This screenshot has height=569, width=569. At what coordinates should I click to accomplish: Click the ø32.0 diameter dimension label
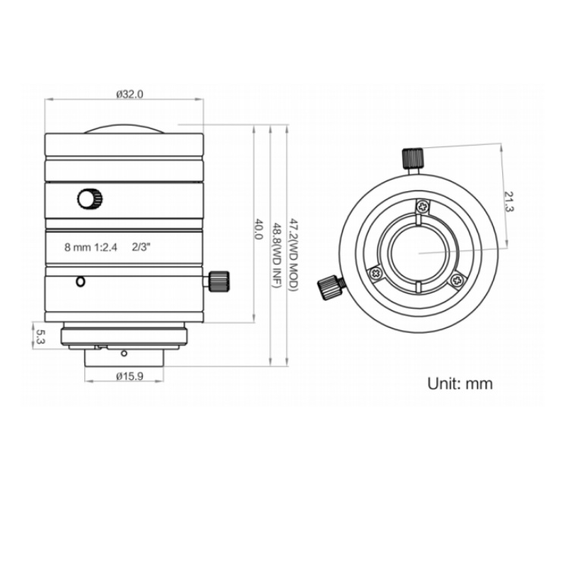130,94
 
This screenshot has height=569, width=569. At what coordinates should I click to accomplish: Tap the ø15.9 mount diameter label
130,376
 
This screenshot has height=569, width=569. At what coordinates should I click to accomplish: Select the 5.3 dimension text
41,336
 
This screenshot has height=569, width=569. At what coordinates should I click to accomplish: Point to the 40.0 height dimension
258,228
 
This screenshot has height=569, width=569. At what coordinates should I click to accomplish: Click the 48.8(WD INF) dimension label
276,255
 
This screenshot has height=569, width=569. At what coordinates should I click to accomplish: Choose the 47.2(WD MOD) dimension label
293,254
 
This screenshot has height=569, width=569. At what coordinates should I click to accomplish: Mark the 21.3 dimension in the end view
510,202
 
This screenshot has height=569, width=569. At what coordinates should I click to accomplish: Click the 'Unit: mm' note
460,384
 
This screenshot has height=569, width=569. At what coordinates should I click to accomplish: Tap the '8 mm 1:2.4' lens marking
91,247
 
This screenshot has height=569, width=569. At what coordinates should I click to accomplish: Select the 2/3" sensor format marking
141,247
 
